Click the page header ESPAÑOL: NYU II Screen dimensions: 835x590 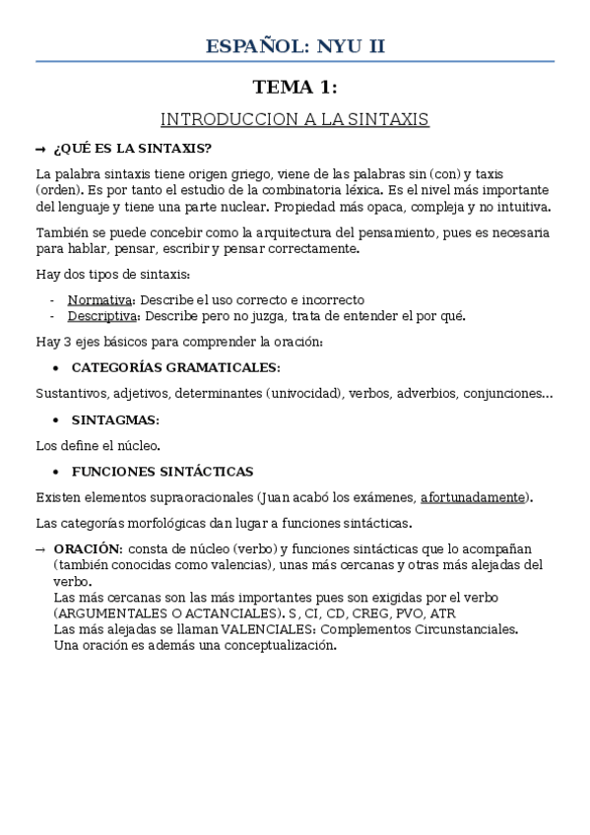point(295,45)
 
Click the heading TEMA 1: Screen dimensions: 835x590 point(295,88)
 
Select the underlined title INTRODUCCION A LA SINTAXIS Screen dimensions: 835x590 point(295,119)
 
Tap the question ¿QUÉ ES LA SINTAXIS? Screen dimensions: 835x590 point(132,148)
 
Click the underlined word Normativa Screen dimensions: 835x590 point(98,299)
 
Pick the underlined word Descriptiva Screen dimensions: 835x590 point(103,316)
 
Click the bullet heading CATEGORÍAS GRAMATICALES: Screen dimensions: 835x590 point(175,367)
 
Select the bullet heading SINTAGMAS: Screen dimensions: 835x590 point(115,419)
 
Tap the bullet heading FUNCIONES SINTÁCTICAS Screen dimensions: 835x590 point(162,472)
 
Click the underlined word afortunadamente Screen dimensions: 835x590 point(472,497)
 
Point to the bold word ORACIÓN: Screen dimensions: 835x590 point(89,547)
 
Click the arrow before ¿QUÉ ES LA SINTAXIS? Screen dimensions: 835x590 point(40,149)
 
